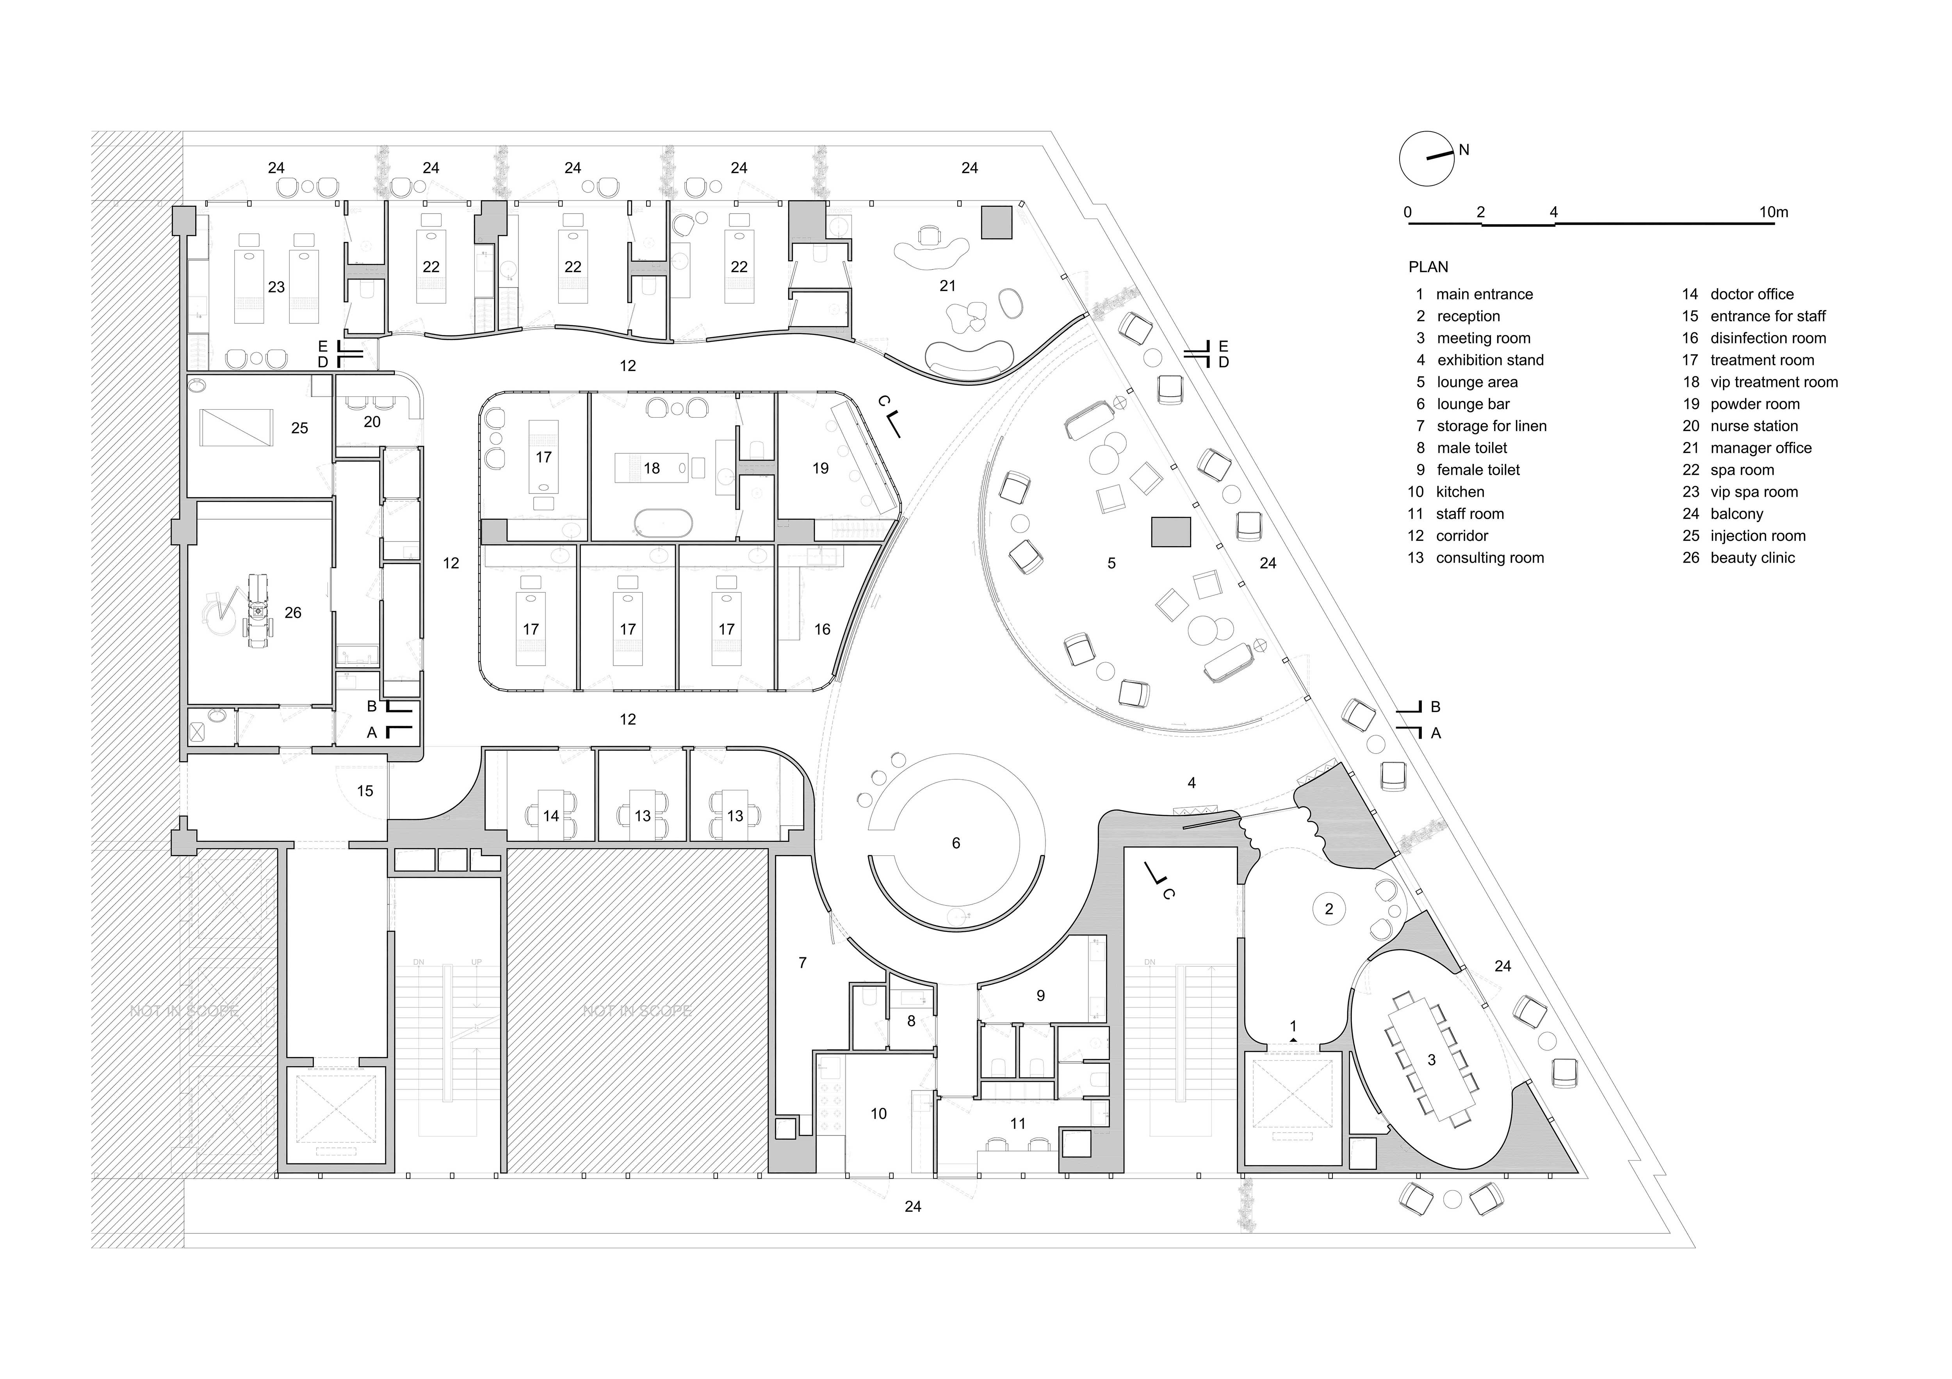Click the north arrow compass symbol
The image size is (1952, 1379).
(1427, 158)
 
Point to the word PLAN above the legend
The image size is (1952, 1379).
(1428, 267)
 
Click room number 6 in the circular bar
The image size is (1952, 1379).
(956, 843)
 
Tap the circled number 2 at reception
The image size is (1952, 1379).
(1329, 909)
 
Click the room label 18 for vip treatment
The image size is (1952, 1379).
(651, 469)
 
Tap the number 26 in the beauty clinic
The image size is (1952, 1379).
(292, 612)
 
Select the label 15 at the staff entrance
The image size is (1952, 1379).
(365, 791)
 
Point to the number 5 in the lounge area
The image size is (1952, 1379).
(1111, 563)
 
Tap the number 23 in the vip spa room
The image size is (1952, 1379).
(276, 287)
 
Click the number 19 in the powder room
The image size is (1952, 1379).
(819, 469)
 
